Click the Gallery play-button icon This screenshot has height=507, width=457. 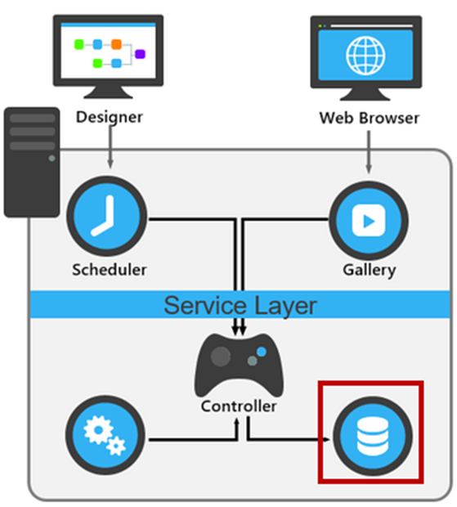[x=369, y=218]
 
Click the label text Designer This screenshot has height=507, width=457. [x=109, y=117]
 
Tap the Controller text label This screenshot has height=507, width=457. [x=239, y=406]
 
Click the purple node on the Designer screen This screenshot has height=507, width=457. [x=140, y=54]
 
